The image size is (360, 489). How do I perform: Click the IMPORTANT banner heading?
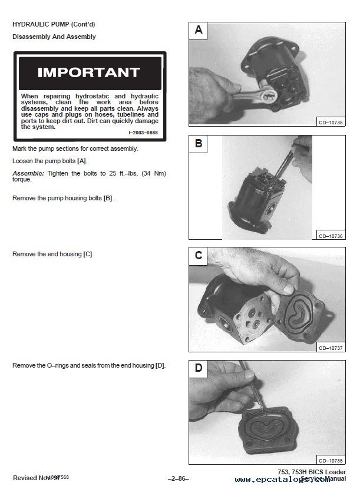tap(88, 72)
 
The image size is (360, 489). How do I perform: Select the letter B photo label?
tap(199, 144)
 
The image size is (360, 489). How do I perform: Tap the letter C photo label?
tap(199, 256)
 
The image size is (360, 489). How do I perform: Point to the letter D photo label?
tap(199, 368)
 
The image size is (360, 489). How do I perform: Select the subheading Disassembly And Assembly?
tap(54, 37)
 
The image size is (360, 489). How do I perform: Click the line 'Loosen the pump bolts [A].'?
tap(51, 161)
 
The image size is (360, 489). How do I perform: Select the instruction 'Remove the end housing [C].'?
tap(53, 254)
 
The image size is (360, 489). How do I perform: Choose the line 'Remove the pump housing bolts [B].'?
tap(63, 198)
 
